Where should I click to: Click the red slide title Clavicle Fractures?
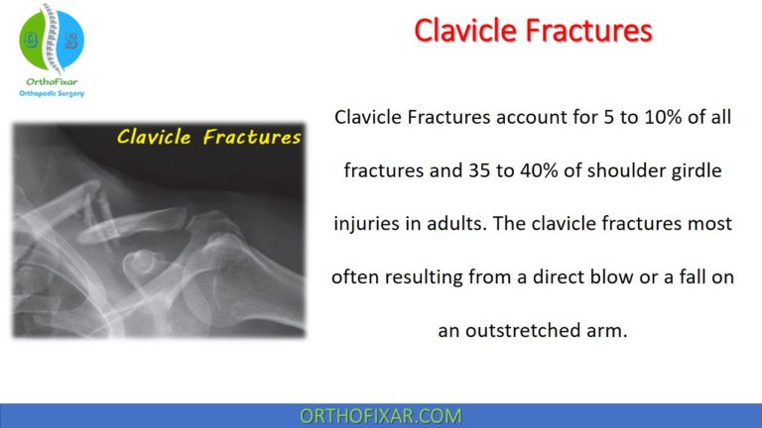click(x=533, y=32)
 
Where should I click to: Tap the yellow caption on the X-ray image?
click(x=209, y=138)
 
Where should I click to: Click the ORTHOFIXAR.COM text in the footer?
click(x=381, y=414)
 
